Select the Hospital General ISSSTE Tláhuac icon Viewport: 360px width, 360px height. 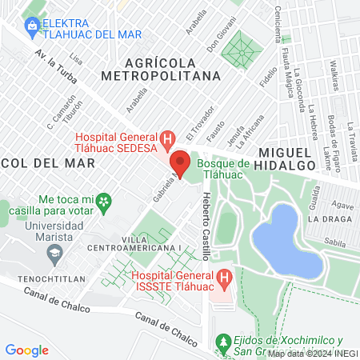[x=225, y=280]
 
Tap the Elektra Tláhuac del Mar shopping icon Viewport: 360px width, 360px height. [x=31, y=26]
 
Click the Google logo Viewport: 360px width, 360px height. [x=26, y=350]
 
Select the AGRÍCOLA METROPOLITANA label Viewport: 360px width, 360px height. [x=161, y=69]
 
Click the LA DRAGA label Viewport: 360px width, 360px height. [x=326, y=218]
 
